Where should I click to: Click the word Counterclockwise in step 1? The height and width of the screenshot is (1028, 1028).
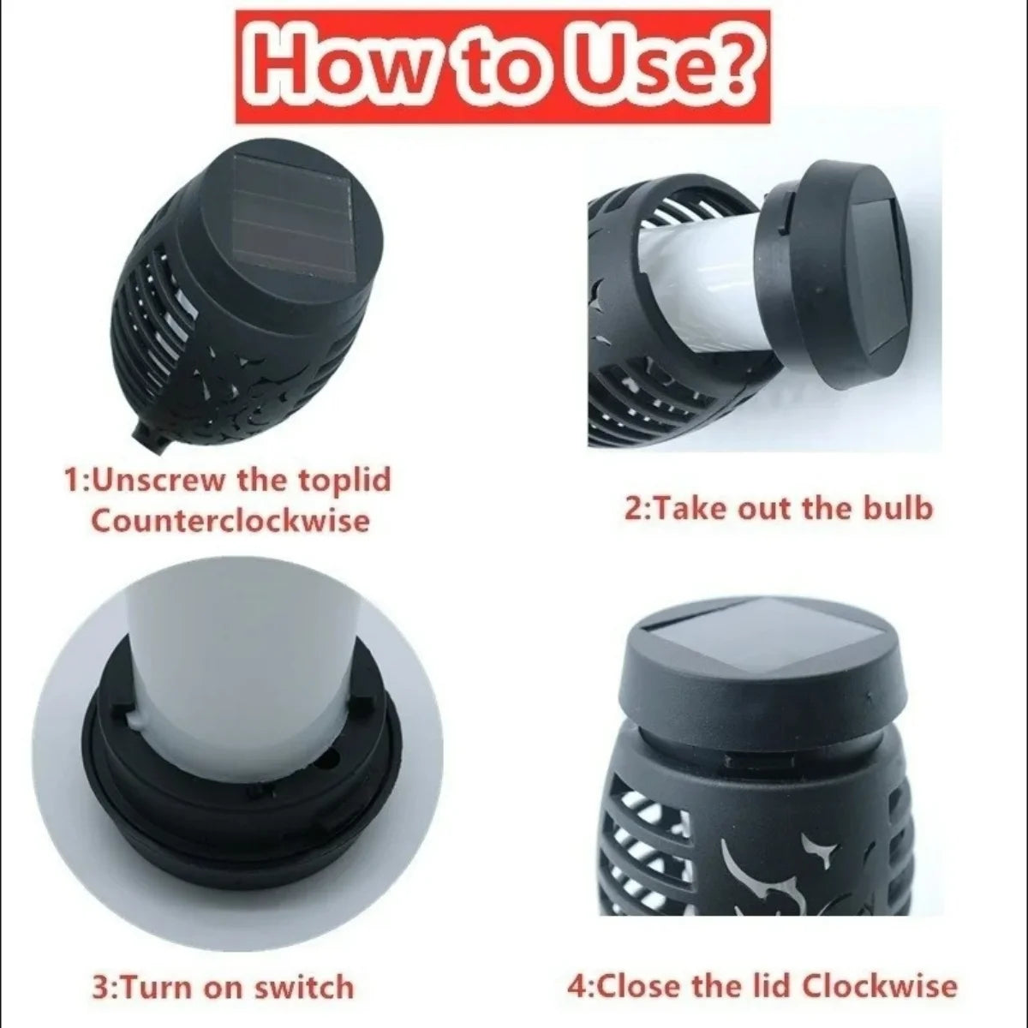pos(230,520)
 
